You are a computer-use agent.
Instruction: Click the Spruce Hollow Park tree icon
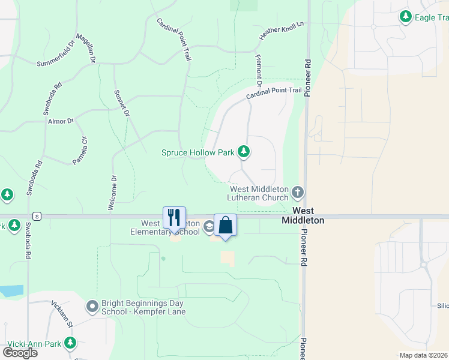point(244,152)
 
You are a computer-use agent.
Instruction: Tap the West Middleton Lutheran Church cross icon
point(298,193)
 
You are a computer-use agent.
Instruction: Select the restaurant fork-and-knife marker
point(175,217)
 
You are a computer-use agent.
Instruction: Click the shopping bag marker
point(226,226)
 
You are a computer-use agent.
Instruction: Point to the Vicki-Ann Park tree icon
point(71,344)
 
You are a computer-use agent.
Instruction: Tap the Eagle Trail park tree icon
point(406,17)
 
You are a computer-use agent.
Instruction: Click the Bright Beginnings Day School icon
point(92,307)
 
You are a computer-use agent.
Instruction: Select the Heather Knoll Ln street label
point(282,32)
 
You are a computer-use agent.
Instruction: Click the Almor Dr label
point(61,121)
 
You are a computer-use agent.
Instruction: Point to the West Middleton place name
point(304,215)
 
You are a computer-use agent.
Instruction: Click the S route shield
point(37,216)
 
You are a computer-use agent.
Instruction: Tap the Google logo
point(20,352)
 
